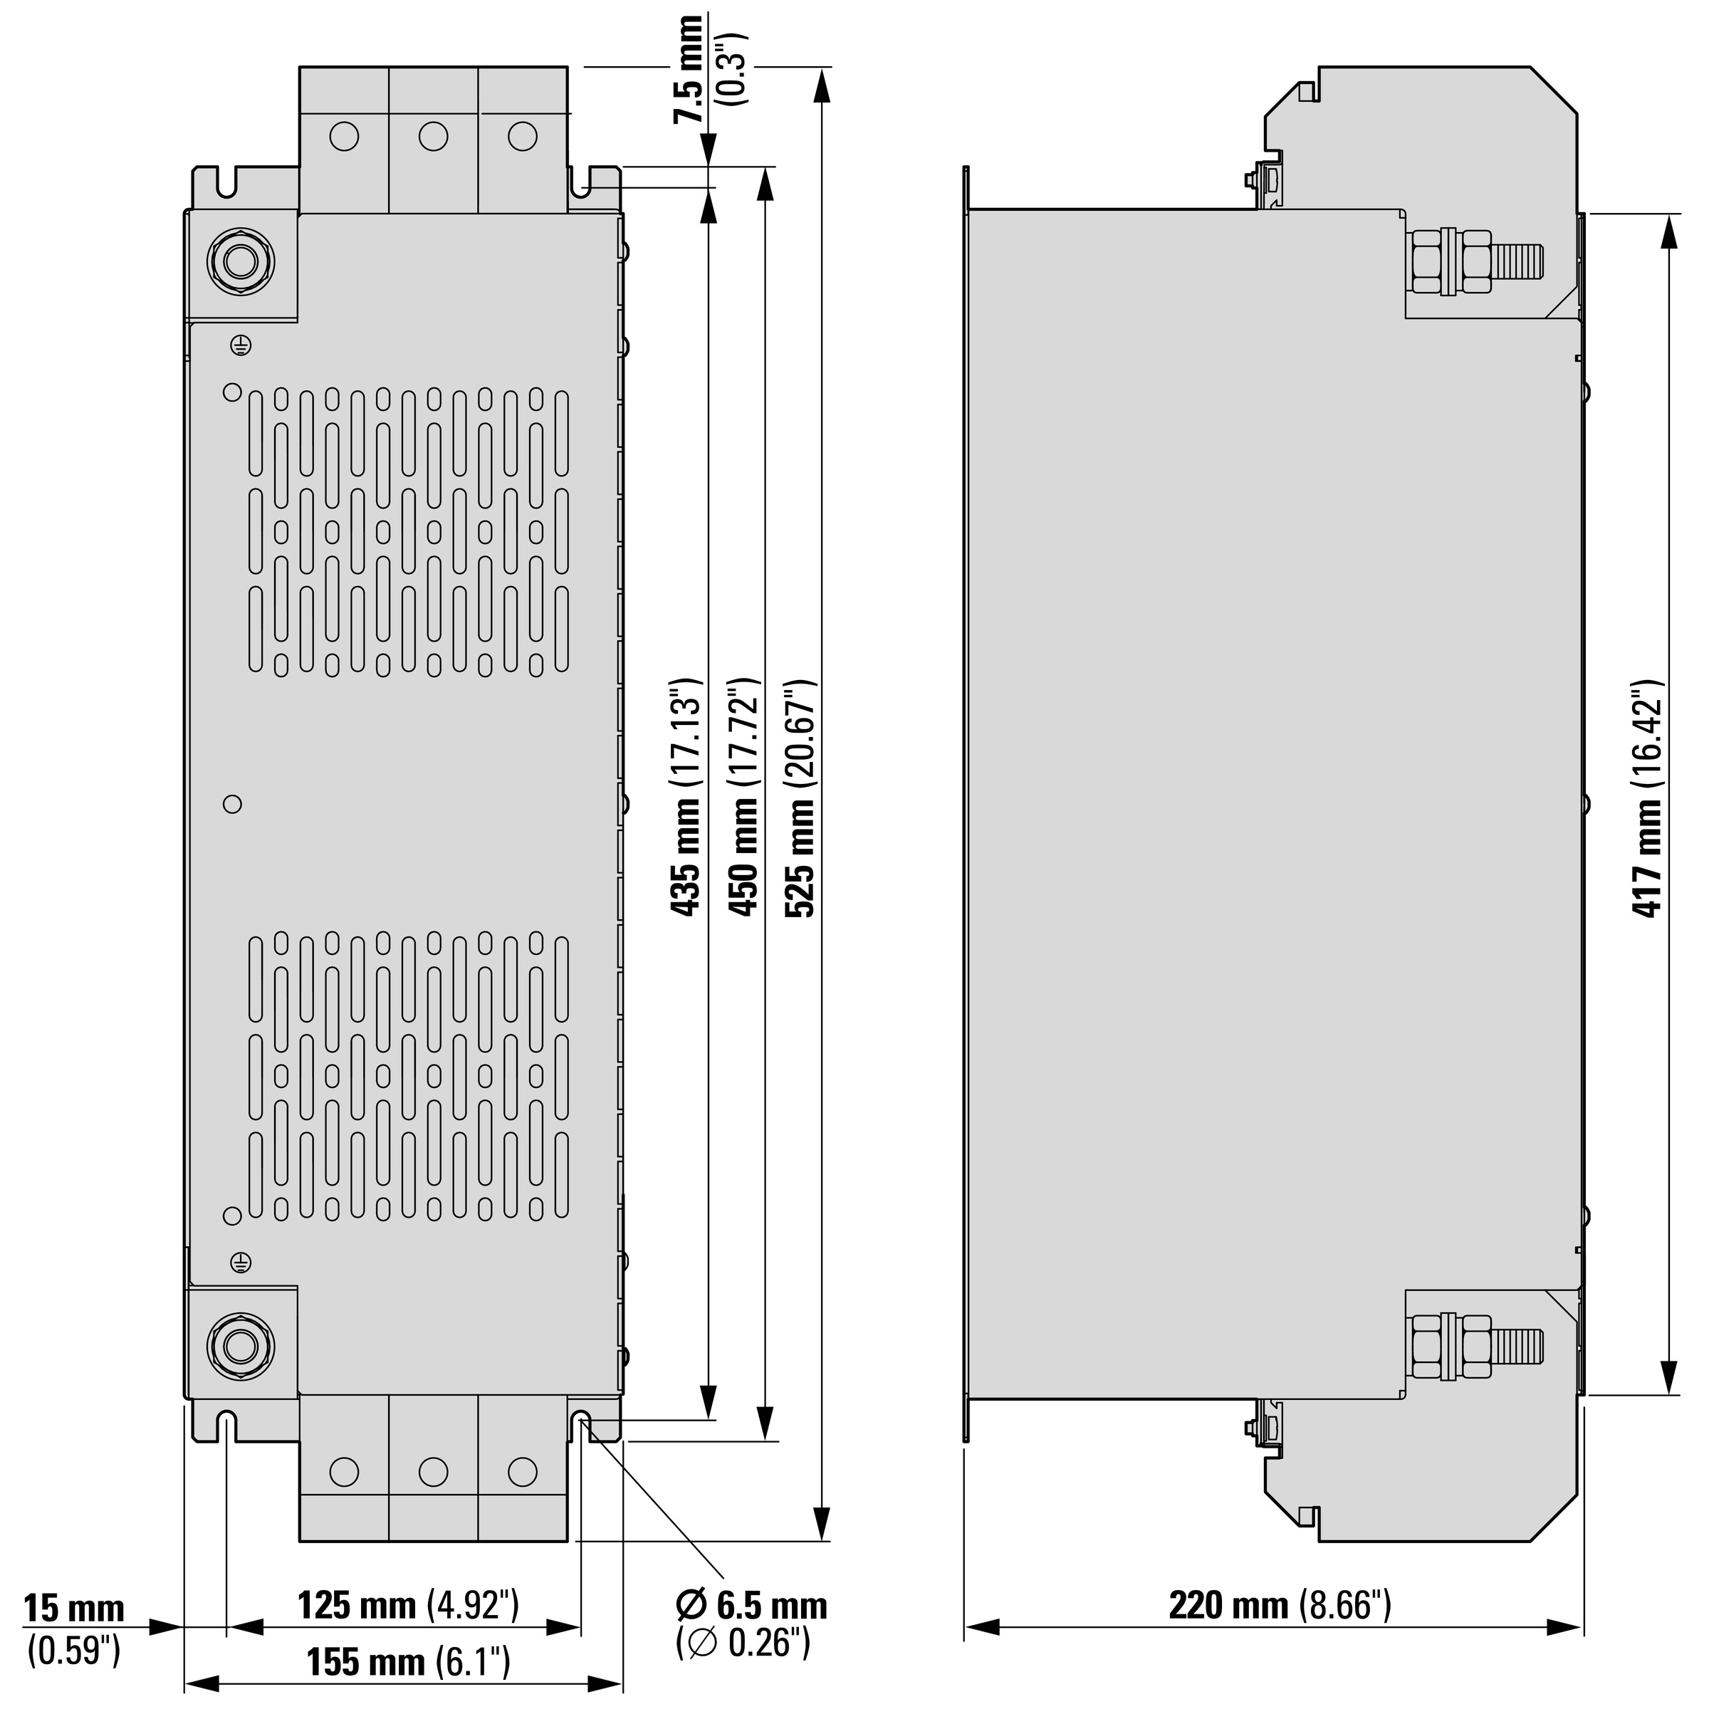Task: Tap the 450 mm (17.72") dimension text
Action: pos(743,796)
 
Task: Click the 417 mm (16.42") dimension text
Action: pos(1646,799)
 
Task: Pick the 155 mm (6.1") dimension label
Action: pos(409,1662)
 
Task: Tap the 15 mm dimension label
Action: pos(74,1608)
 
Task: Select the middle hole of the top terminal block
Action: pos(434,136)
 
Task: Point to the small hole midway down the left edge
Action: pos(233,804)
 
